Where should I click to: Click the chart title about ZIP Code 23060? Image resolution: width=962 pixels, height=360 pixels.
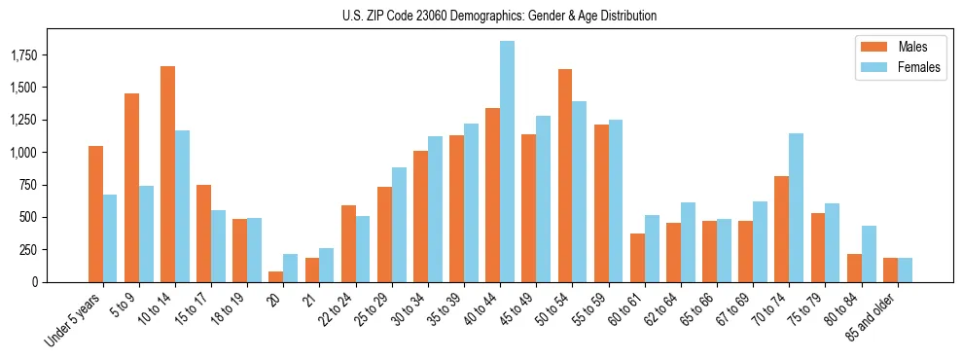(499, 16)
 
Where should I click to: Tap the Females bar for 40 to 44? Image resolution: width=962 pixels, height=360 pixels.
(507, 162)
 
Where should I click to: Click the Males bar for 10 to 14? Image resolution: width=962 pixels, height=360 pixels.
(167, 174)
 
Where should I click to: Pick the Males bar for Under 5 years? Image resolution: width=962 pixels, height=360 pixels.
(95, 214)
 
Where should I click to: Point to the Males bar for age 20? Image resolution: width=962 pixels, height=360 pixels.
(275, 276)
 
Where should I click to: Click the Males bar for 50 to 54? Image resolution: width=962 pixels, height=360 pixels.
(565, 175)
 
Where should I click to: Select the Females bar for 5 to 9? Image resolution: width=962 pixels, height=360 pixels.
(146, 234)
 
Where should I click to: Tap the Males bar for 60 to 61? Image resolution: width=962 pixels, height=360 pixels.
(637, 258)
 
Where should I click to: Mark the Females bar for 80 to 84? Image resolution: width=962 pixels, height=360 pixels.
(868, 254)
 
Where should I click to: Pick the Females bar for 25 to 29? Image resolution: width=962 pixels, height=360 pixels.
(399, 225)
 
